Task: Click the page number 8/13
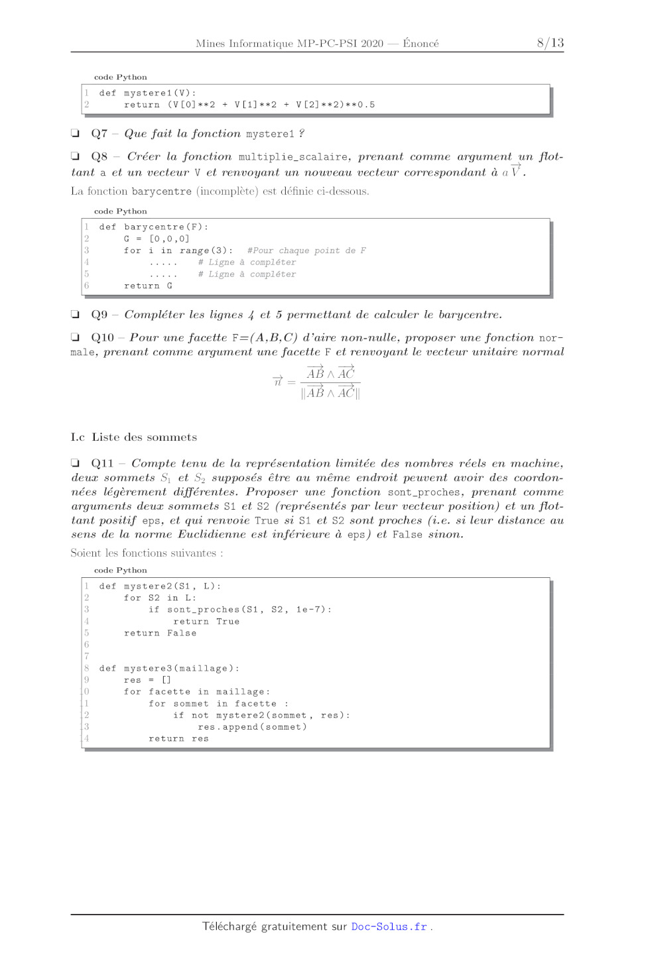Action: point(550,43)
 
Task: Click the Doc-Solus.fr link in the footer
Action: point(389,927)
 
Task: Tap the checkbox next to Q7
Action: point(76,133)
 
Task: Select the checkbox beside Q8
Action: point(76,156)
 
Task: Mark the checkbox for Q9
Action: point(76,314)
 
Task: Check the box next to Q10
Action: point(76,337)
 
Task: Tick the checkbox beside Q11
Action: point(76,463)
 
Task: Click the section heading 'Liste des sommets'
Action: point(144,437)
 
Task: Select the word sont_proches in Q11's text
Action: point(424,492)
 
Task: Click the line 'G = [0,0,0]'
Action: point(157,239)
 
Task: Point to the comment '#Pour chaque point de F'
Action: point(306,251)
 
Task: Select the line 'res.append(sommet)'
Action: point(252,727)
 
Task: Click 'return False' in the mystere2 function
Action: point(160,633)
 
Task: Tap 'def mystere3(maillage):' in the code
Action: point(169,668)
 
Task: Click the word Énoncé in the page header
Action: point(421,44)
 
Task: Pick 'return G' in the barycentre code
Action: point(148,286)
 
